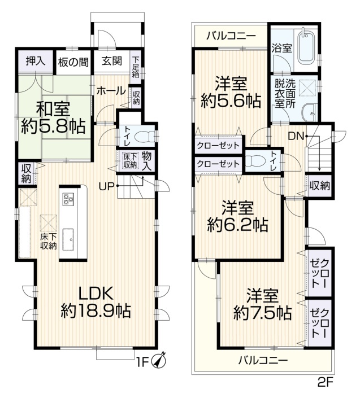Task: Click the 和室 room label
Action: click(53, 109)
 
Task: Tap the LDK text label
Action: click(96, 294)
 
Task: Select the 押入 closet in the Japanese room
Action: click(36, 61)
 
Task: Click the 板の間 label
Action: click(73, 62)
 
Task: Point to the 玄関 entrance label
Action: click(112, 61)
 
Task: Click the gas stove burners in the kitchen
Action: click(68, 199)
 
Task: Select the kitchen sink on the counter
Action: click(68, 239)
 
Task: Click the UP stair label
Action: click(107, 186)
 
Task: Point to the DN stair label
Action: click(296, 137)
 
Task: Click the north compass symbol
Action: click(159, 360)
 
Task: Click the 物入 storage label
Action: click(147, 161)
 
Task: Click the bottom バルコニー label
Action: click(263, 360)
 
